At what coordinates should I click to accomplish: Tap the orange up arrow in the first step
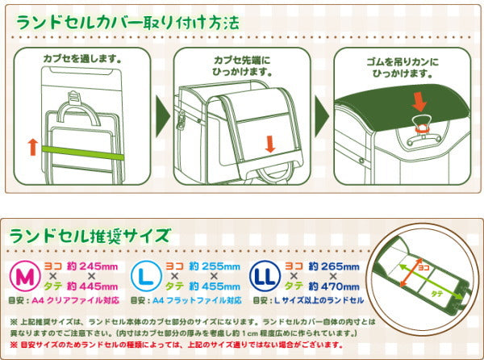coord(31,146)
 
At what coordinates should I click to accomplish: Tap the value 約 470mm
coord(332,286)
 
